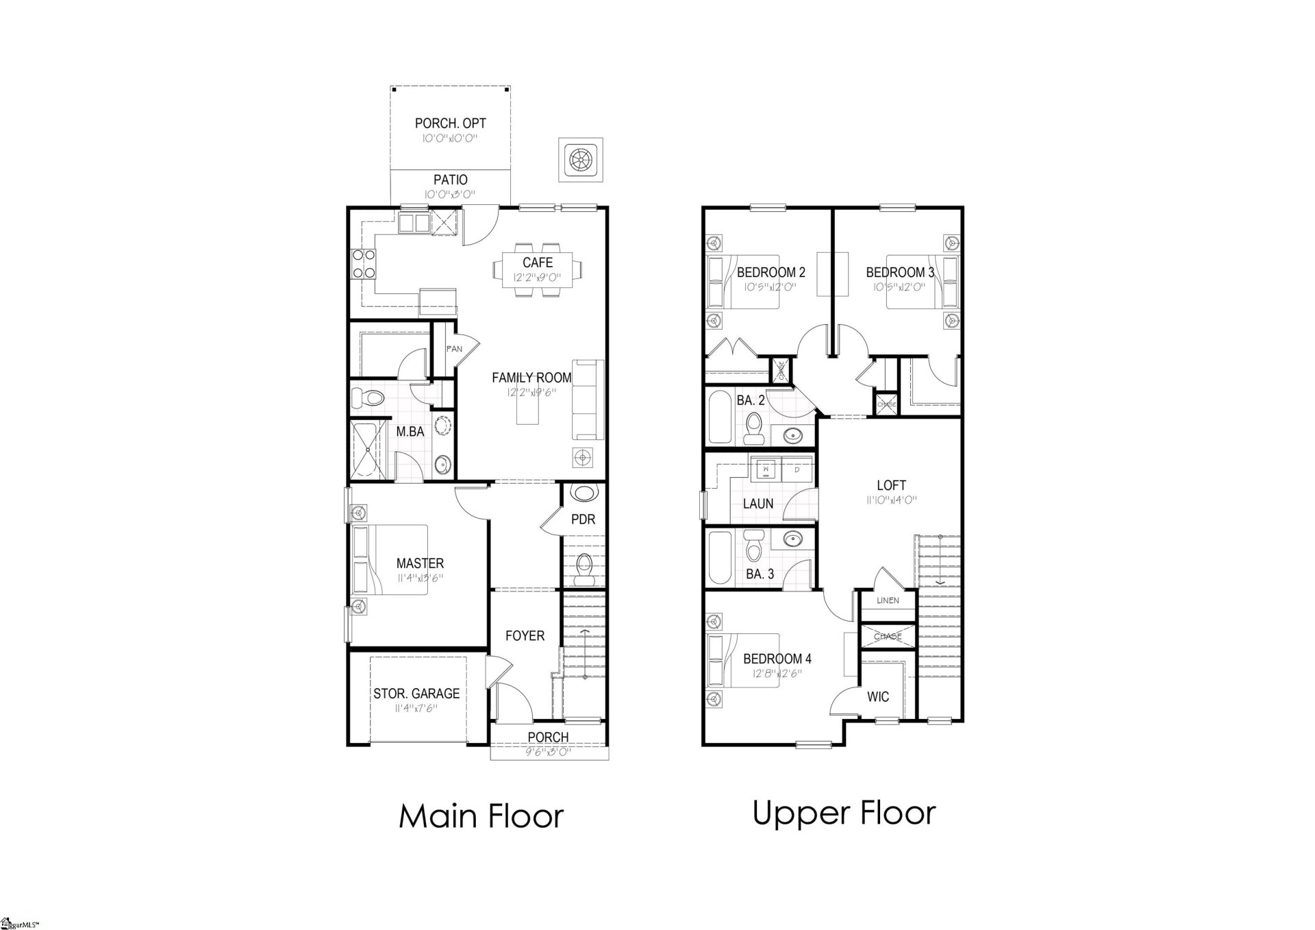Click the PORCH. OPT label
point(450,123)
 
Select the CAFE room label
point(538,262)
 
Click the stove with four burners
point(364,263)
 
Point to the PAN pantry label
point(453,349)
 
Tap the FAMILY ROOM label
point(531,378)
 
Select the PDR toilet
point(584,569)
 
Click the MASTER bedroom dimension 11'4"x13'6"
point(420,578)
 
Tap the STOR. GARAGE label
point(416,694)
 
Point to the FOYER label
point(525,636)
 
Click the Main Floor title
point(481,816)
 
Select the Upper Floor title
point(844,813)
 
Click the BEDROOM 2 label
point(771,272)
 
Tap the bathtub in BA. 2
point(720,417)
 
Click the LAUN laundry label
point(758,504)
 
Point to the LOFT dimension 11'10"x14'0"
point(891,500)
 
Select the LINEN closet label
point(887,600)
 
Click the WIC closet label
point(878,697)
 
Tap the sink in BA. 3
point(793,539)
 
